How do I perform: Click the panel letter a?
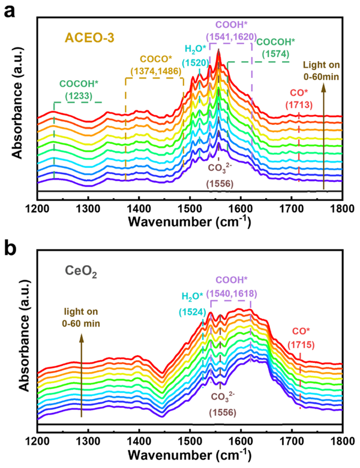click(10, 11)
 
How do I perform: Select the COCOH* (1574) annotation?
click(278, 47)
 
